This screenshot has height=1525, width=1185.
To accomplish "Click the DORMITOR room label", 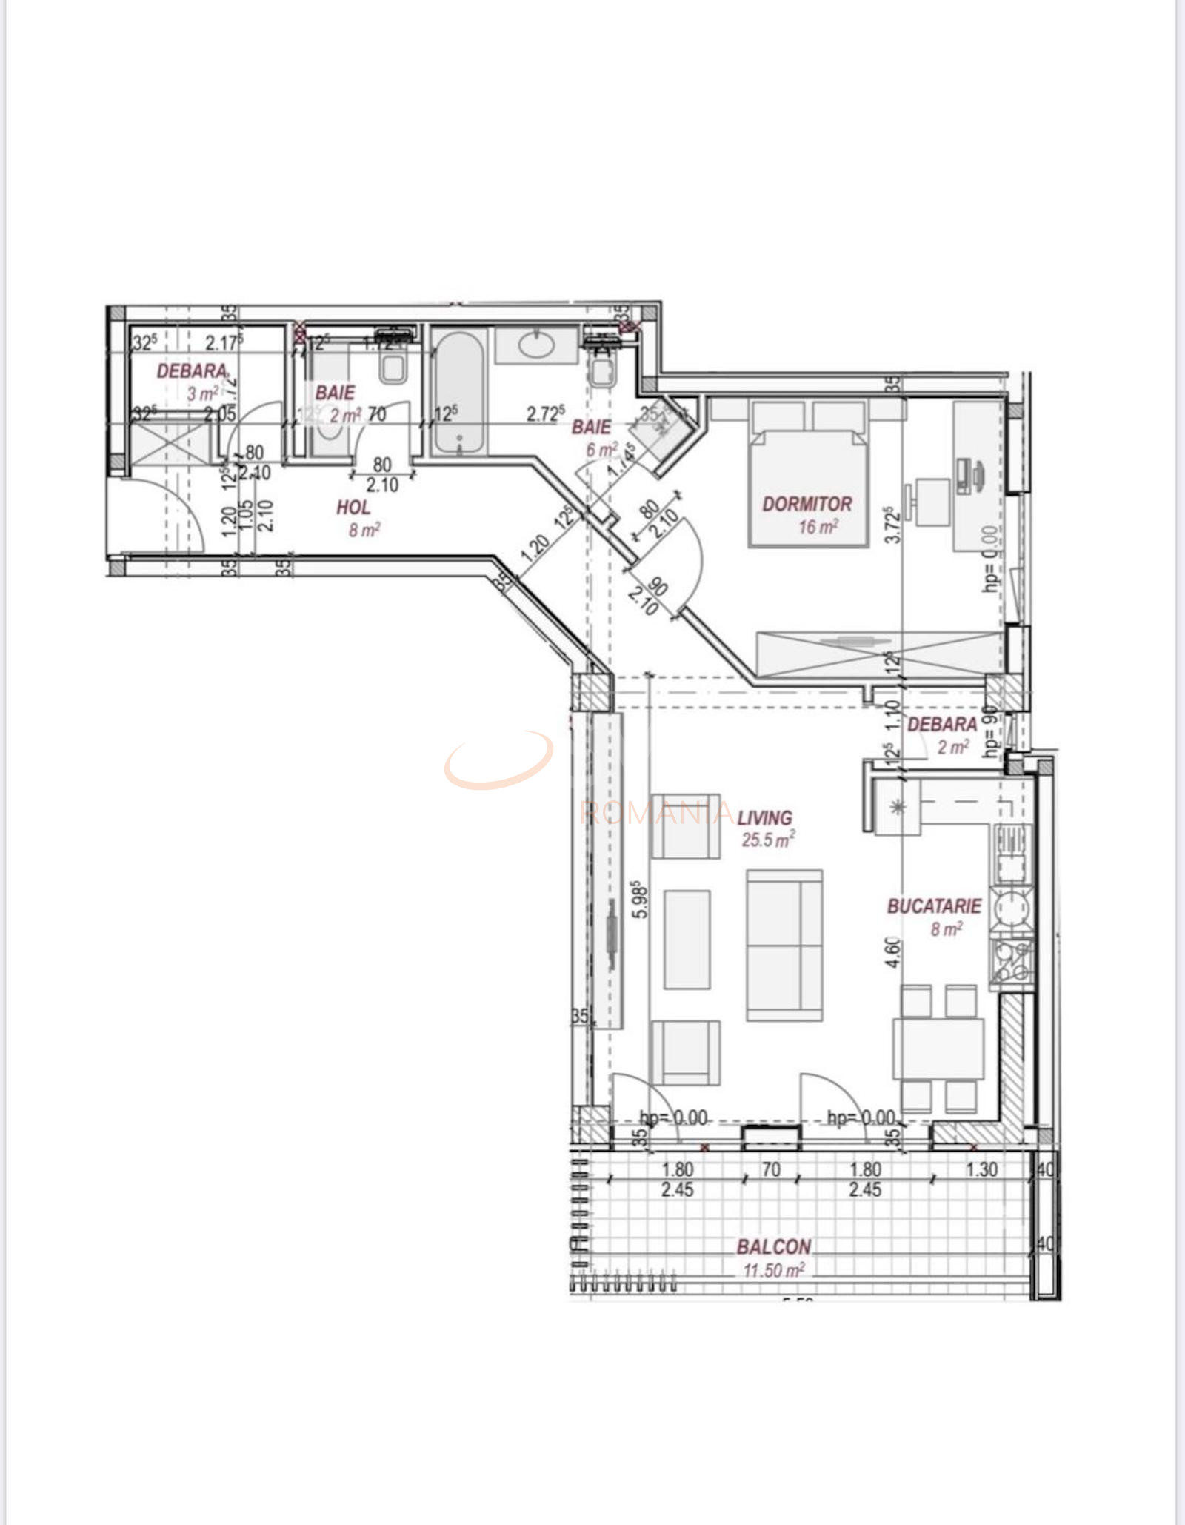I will point(807,504).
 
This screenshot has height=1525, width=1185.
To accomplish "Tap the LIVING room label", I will point(764,817).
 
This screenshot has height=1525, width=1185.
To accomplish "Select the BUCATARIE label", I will point(934,906).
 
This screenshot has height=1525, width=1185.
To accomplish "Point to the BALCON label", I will point(773,1247).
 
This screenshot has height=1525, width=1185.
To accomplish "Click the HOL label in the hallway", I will point(353,508).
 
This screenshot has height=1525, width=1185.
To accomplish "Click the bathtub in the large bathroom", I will point(459,393).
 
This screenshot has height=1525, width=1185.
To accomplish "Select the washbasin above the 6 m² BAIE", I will point(536,345).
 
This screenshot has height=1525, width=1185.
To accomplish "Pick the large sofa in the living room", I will point(784,945).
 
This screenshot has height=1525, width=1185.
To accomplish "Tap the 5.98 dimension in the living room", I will point(640,899).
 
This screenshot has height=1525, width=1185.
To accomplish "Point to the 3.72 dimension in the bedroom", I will point(893,525).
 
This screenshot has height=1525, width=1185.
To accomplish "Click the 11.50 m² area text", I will point(773,1270).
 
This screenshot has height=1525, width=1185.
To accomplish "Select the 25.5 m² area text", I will point(768,840).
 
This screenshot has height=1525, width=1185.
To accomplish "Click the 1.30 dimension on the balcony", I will point(981,1169).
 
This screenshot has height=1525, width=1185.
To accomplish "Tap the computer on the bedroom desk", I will point(970,476).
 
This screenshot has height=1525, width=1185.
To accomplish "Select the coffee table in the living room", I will point(687,940).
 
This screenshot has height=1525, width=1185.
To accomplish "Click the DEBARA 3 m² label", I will point(191,371).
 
